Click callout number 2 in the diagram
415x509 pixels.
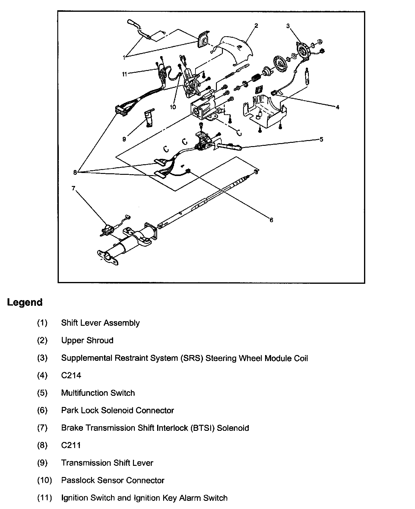click(x=256, y=26)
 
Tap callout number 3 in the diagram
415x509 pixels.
click(x=288, y=26)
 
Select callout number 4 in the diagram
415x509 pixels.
click(x=337, y=107)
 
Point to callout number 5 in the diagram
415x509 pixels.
click(x=322, y=139)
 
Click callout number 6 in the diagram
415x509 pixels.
click(x=271, y=220)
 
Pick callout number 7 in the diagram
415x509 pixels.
click(x=73, y=188)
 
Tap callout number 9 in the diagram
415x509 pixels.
click(x=124, y=139)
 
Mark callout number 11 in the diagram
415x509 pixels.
click(x=125, y=74)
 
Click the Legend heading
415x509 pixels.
click(x=25, y=302)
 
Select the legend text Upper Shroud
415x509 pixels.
click(x=87, y=340)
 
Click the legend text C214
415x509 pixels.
click(x=71, y=375)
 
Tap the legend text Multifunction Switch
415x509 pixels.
click(x=98, y=393)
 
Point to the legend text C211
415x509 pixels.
click(x=71, y=445)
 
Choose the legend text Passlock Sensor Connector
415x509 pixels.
click(x=112, y=480)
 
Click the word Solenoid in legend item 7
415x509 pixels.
click(x=233, y=428)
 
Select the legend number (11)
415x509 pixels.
click(x=44, y=498)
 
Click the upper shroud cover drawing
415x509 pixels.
click(x=234, y=48)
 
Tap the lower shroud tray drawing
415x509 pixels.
click(x=264, y=112)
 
